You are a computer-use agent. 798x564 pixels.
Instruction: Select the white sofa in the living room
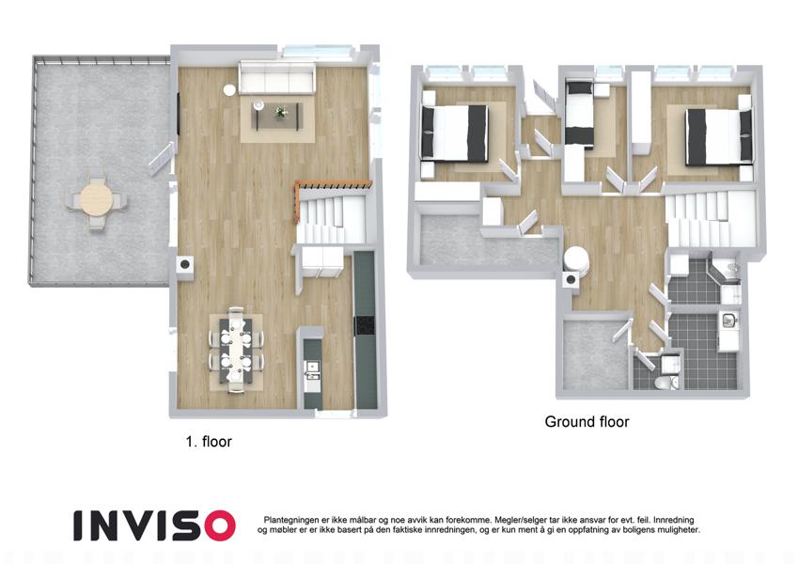tap(277, 78)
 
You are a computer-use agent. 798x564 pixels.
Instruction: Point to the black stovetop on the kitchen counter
tap(365, 325)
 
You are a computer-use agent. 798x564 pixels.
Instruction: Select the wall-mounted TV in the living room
tap(179, 114)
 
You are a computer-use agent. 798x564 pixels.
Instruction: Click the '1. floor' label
tap(209, 441)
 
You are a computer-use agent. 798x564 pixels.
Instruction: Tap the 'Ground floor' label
tap(587, 421)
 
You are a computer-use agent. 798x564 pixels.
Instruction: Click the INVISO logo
tap(154, 525)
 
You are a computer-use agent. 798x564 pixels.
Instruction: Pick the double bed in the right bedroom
tap(719, 136)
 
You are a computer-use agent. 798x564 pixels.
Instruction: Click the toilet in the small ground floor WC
tap(664, 384)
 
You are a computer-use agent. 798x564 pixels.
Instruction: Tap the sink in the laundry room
tap(728, 321)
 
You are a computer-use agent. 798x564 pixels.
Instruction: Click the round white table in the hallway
tap(576, 260)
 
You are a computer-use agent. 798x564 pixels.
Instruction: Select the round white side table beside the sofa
tap(229, 89)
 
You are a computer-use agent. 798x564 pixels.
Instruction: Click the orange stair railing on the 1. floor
tap(331, 186)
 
